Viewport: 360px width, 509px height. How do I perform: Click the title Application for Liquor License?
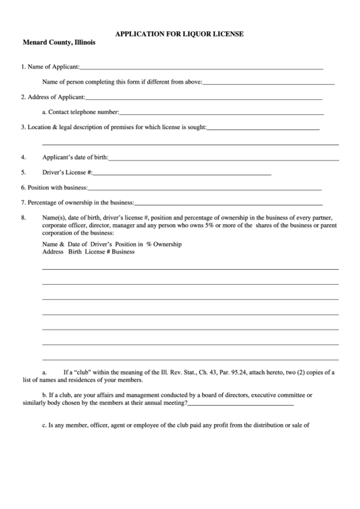(x=179, y=33)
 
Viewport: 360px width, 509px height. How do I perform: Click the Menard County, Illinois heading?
(x=58, y=42)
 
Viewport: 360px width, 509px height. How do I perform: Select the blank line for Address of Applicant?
(x=204, y=99)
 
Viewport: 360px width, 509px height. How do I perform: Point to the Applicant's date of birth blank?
(x=223, y=159)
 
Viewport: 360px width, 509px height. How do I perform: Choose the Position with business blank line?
(x=204, y=189)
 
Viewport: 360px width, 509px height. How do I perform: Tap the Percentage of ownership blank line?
(x=228, y=204)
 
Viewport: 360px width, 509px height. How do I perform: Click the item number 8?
(x=24, y=218)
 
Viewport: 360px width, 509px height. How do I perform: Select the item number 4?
(x=24, y=157)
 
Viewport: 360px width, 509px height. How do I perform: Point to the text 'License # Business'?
(x=109, y=251)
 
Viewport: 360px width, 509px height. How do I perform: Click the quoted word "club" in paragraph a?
(x=84, y=372)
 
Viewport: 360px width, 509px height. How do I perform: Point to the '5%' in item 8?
(x=211, y=226)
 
